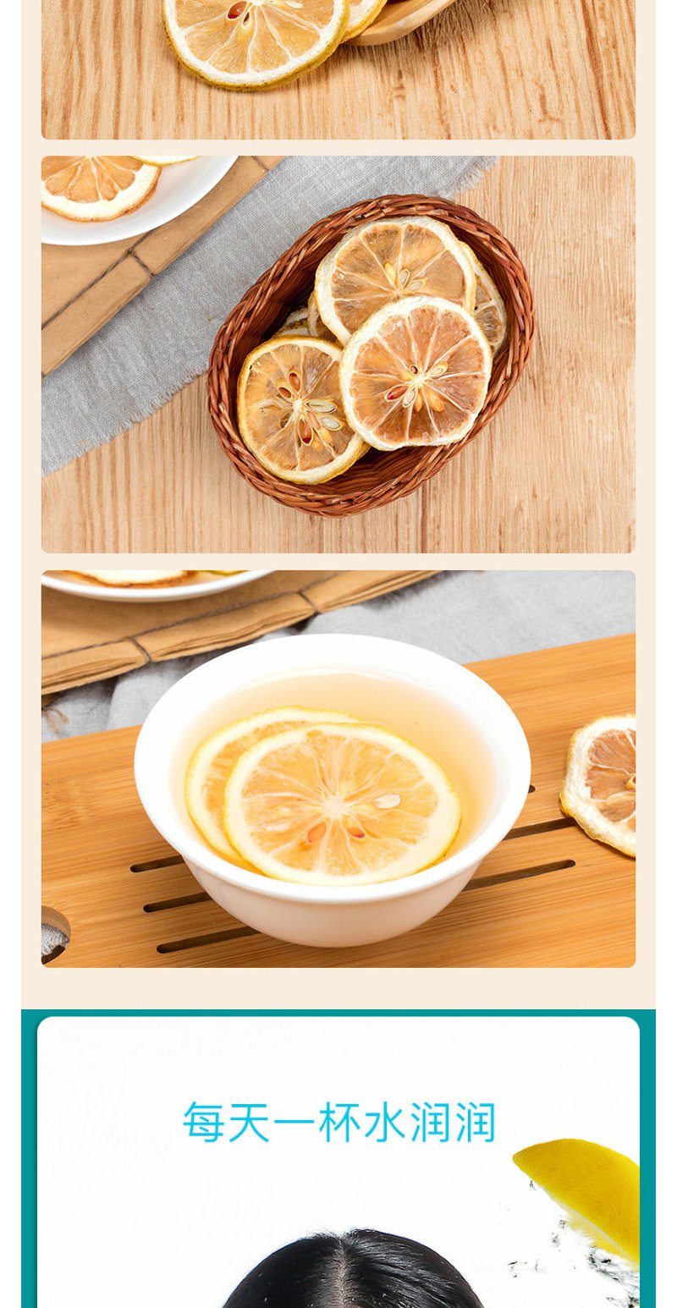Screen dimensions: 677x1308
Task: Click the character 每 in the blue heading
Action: tap(204, 1122)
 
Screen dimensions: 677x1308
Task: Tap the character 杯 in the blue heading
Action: tap(340, 1122)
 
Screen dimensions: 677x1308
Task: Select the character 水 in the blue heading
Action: tap(385, 1122)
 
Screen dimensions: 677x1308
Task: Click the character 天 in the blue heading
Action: tap(249, 1122)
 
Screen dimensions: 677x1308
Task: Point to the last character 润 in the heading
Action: tap(476, 1122)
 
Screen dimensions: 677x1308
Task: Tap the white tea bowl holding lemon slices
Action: tap(333, 789)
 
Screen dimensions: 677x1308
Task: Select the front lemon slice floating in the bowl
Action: tap(342, 803)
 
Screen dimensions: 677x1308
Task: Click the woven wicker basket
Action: tap(371, 355)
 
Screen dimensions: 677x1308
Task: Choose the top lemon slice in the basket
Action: tap(394, 274)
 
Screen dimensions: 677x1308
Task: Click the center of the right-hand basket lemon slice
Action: tap(416, 373)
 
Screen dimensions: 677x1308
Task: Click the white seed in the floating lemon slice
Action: tap(387, 800)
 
